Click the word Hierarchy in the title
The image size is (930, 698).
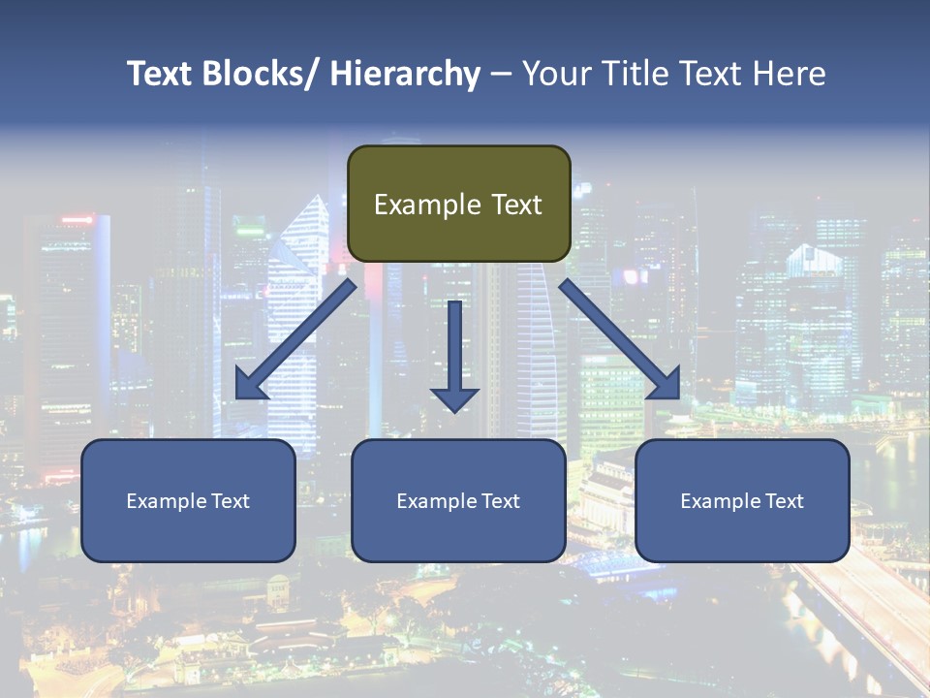click(x=405, y=74)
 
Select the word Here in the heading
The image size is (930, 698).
click(x=790, y=74)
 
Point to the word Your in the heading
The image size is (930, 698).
click(x=556, y=74)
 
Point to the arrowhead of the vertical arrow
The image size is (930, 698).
click(x=454, y=398)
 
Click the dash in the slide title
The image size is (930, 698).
click(x=501, y=74)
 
